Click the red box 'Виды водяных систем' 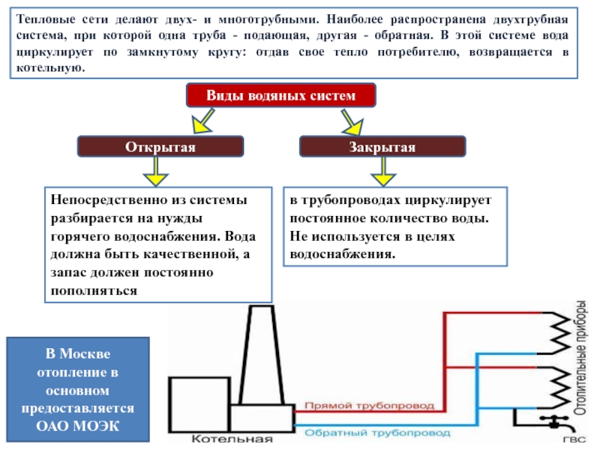(x=280, y=96)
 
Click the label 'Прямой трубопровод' (x=369, y=406)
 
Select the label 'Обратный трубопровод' (x=377, y=433)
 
